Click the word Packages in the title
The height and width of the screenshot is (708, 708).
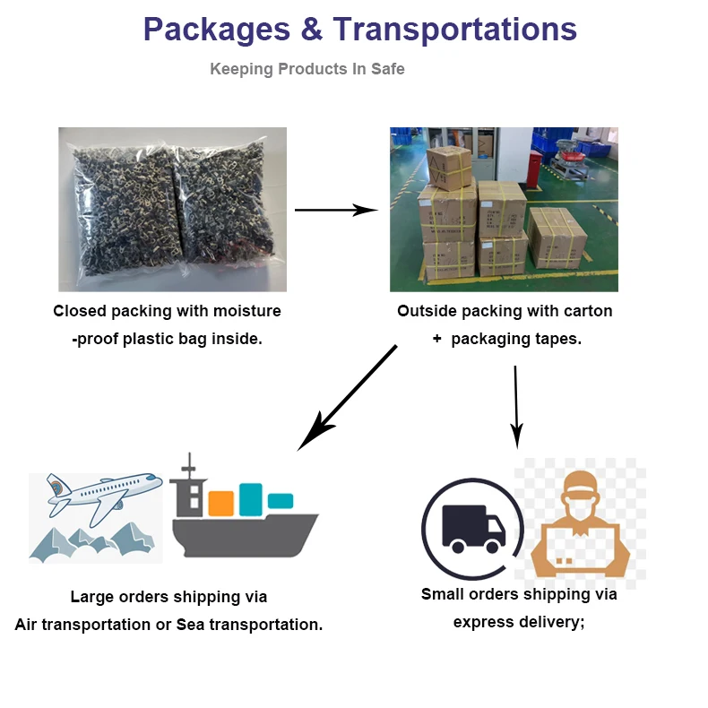coord(217,30)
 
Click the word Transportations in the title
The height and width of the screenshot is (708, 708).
coord(454,30)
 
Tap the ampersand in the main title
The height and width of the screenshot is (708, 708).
coord(312,30)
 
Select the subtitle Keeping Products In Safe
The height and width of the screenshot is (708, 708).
coord(307,69)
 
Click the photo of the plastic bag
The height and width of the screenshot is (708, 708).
coord(172,209)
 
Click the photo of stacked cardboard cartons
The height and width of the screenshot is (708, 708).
coord(504,209)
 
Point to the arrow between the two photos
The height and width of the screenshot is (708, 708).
coord(336,210)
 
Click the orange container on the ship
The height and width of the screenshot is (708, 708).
coord(220,503)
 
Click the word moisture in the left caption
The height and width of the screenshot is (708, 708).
coord(248,311)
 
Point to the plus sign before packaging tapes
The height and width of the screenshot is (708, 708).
coord(436,340)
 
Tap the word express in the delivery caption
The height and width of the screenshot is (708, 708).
coord(483,621)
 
